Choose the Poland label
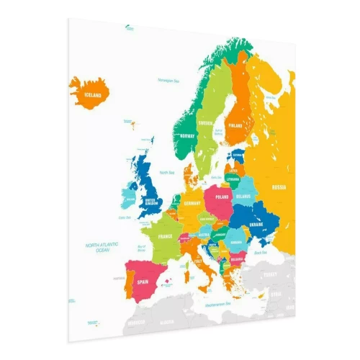[222, 194]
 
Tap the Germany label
[191, 203]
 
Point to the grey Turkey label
[271, 274]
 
